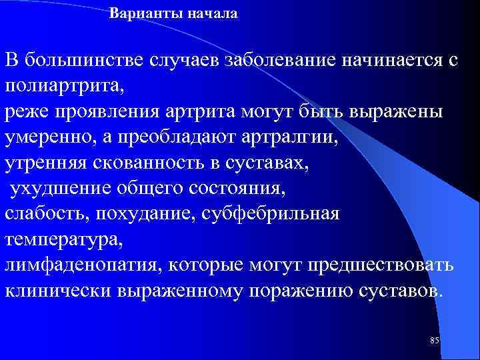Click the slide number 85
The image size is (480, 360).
pyautogui.click(x=435, y=341)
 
